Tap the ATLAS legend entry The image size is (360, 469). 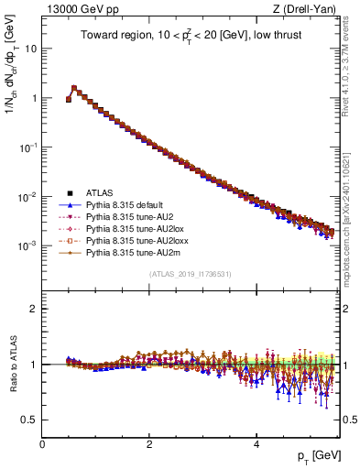coord(100,192)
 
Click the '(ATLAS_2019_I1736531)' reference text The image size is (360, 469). coord(190,274)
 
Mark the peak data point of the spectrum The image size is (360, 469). coord(74,89)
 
